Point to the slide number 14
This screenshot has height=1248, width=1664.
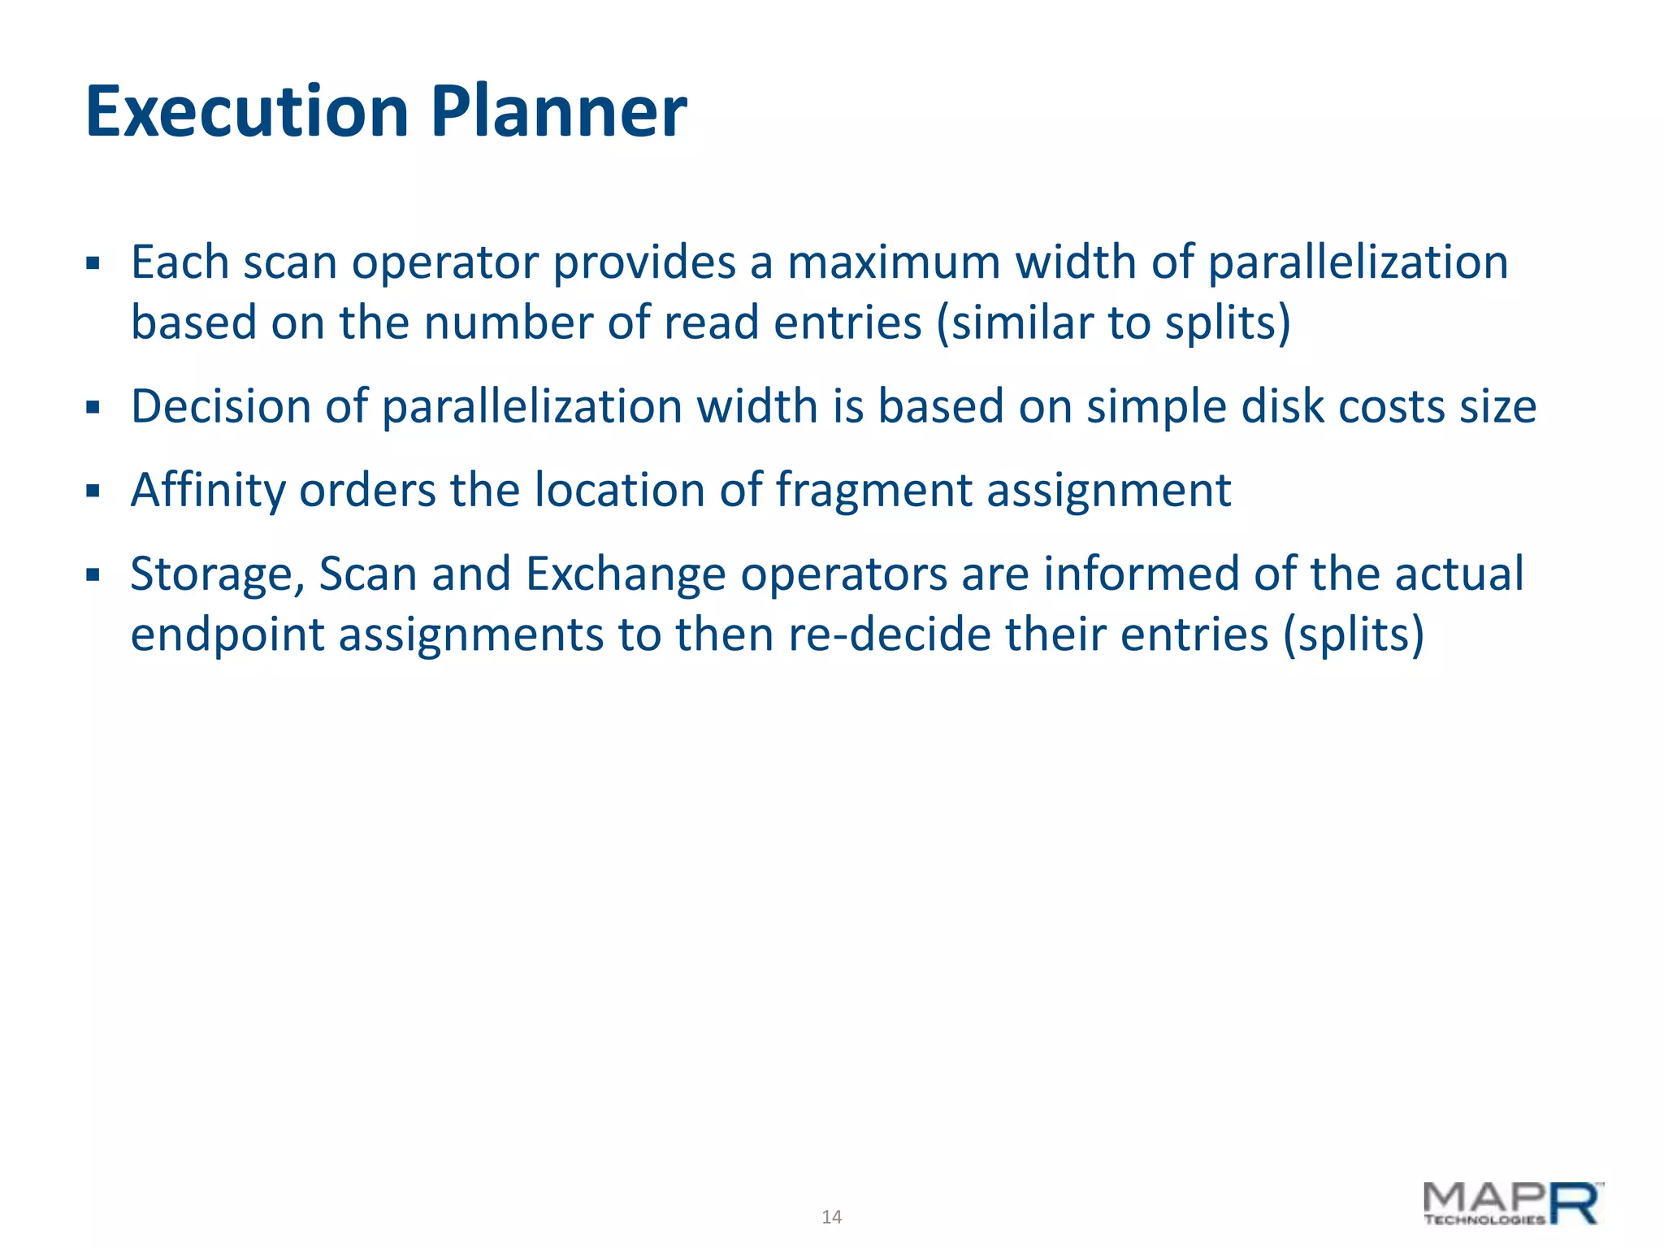(831, 1217)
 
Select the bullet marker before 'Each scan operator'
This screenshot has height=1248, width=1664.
(93, 264)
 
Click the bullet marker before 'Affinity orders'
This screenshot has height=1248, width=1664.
(93, 492)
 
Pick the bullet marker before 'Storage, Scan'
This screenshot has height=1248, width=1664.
(93, 575)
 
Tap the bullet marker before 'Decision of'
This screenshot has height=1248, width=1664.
(93, 407)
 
